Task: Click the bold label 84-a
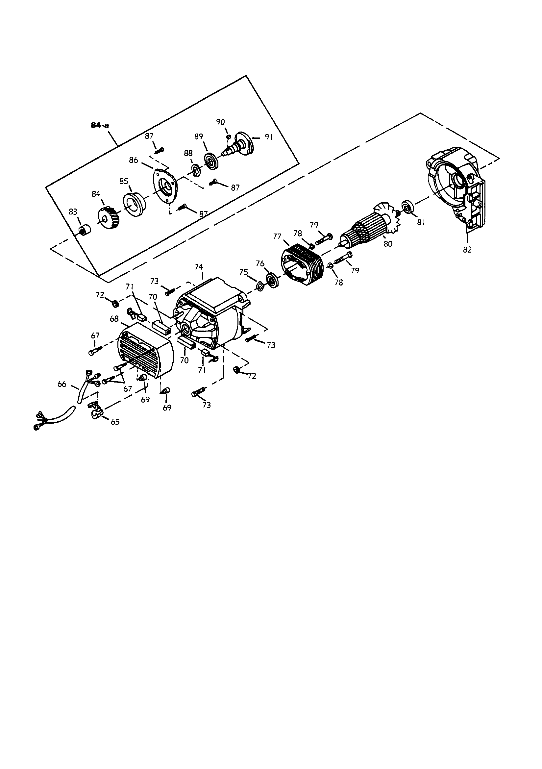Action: point(100,126)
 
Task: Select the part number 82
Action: point(467,250)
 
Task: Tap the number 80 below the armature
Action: point(387,244)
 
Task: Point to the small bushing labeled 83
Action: point(85,231)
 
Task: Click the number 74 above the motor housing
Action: point(199,267)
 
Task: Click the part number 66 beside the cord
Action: point(62,384)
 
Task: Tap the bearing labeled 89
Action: point(211,162)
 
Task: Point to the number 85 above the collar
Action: point(124,181)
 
